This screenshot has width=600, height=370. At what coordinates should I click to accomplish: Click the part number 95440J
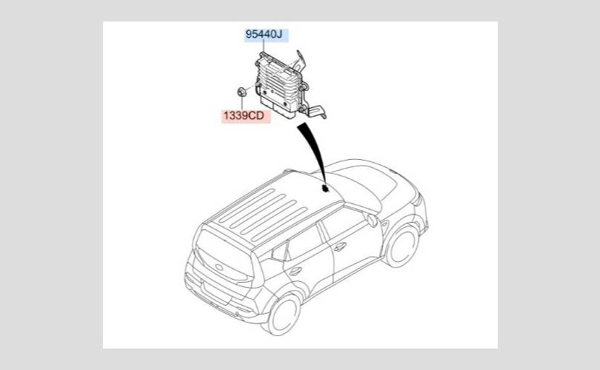click(264, 34)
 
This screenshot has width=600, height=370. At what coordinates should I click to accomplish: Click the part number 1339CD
click(244, 115)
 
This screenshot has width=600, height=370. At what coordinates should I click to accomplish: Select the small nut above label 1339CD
click(241, 92)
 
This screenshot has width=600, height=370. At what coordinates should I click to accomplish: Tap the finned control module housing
click(279, 85)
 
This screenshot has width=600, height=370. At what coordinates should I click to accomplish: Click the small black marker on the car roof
click(326, 188)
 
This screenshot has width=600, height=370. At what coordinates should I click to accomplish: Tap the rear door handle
click(295, 272)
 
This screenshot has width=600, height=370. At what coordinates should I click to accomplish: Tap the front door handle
click(340, 246)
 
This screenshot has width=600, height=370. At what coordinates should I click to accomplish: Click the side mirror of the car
click(373, 221)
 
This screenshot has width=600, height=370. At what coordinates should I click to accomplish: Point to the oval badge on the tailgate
click(219, 267)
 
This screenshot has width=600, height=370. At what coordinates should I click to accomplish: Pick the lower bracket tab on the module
click(316, 112)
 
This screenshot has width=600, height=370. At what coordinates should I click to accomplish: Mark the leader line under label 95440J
click(263, 47)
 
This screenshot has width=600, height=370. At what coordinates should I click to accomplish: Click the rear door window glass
click(302, 245)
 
